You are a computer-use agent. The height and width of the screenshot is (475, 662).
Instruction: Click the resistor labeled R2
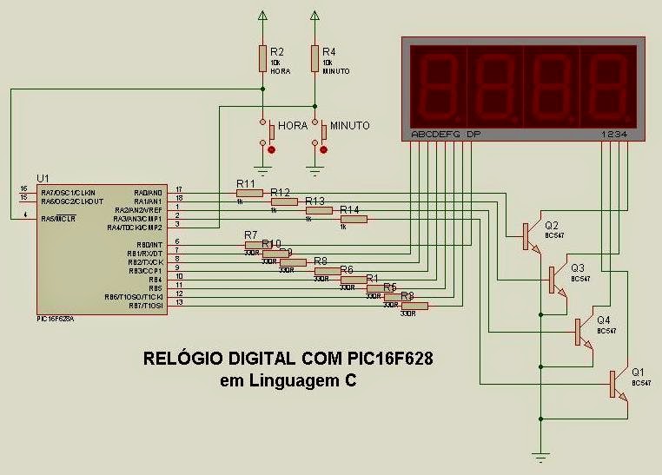[262, 58]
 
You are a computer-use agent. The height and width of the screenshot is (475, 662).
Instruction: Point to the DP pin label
[473, 135]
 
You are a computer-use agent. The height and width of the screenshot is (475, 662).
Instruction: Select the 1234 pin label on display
[614, 135]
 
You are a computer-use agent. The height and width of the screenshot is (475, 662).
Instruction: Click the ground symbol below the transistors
[540, 456]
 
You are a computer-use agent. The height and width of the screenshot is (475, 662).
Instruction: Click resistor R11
[249, 193]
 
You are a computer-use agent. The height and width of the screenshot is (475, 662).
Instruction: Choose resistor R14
[354, 219]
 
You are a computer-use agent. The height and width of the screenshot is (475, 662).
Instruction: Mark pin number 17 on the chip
[178, 189]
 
